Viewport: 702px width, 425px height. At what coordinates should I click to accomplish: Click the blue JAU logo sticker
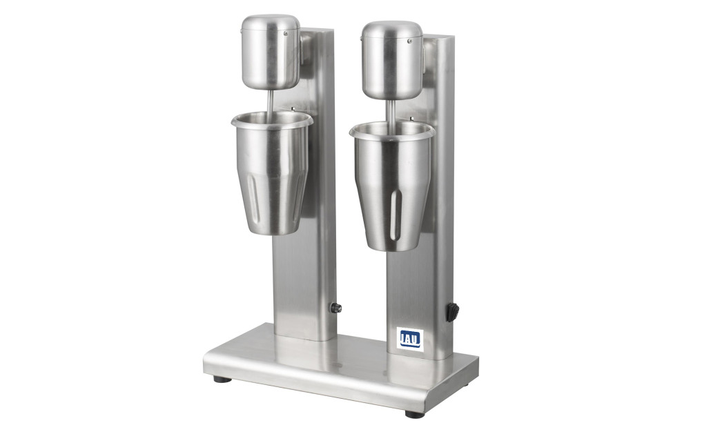click(409, 339)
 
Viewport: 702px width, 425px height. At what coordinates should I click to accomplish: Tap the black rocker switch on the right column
click(452, 312)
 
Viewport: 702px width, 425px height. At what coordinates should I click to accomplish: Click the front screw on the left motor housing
click(285, 32)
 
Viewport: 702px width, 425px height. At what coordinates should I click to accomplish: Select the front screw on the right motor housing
click(409, 41)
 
